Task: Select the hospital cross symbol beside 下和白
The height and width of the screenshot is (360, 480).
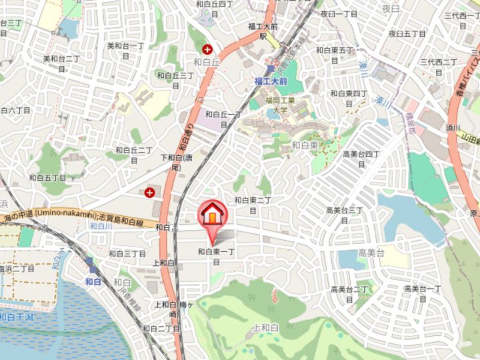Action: [x=149, y=193]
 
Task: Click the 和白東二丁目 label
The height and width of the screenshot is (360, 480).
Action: [x=253, y=204]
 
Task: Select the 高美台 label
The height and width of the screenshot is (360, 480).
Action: [x=371, y=253]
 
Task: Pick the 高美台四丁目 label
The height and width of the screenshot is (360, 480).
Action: [x=361, y=159]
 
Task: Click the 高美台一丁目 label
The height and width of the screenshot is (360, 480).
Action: [x=423, y=293]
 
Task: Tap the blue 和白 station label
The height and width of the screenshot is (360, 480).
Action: [x=93, y=282]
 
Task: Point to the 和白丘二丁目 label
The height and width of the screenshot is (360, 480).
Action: [x=134, y=155]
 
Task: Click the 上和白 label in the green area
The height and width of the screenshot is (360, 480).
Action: [x=265, y=328]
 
